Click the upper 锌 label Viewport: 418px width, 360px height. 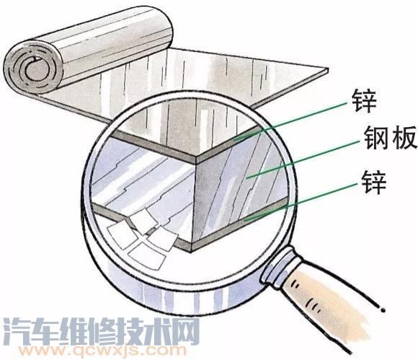[x=364, y=102]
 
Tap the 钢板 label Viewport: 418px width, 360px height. [x=391, y=138]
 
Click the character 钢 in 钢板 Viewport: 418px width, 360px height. [x=376, y=138]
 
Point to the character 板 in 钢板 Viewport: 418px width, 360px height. [x=404, y=138]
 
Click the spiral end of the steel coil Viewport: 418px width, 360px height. [x=34, y=68]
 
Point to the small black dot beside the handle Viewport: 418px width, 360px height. [x=383, y=310]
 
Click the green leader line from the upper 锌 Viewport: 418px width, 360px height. [x=290, y=121]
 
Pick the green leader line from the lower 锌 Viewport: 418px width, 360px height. [x=301, y=202]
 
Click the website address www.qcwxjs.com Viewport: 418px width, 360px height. [x=102, y=351]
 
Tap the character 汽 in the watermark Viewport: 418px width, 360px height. [x=17, y=331]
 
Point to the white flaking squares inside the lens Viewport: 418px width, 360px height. [x=143, y=236]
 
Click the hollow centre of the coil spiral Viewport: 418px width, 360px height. [x=37, y=69]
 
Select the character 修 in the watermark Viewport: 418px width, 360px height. [x=101, y=331]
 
